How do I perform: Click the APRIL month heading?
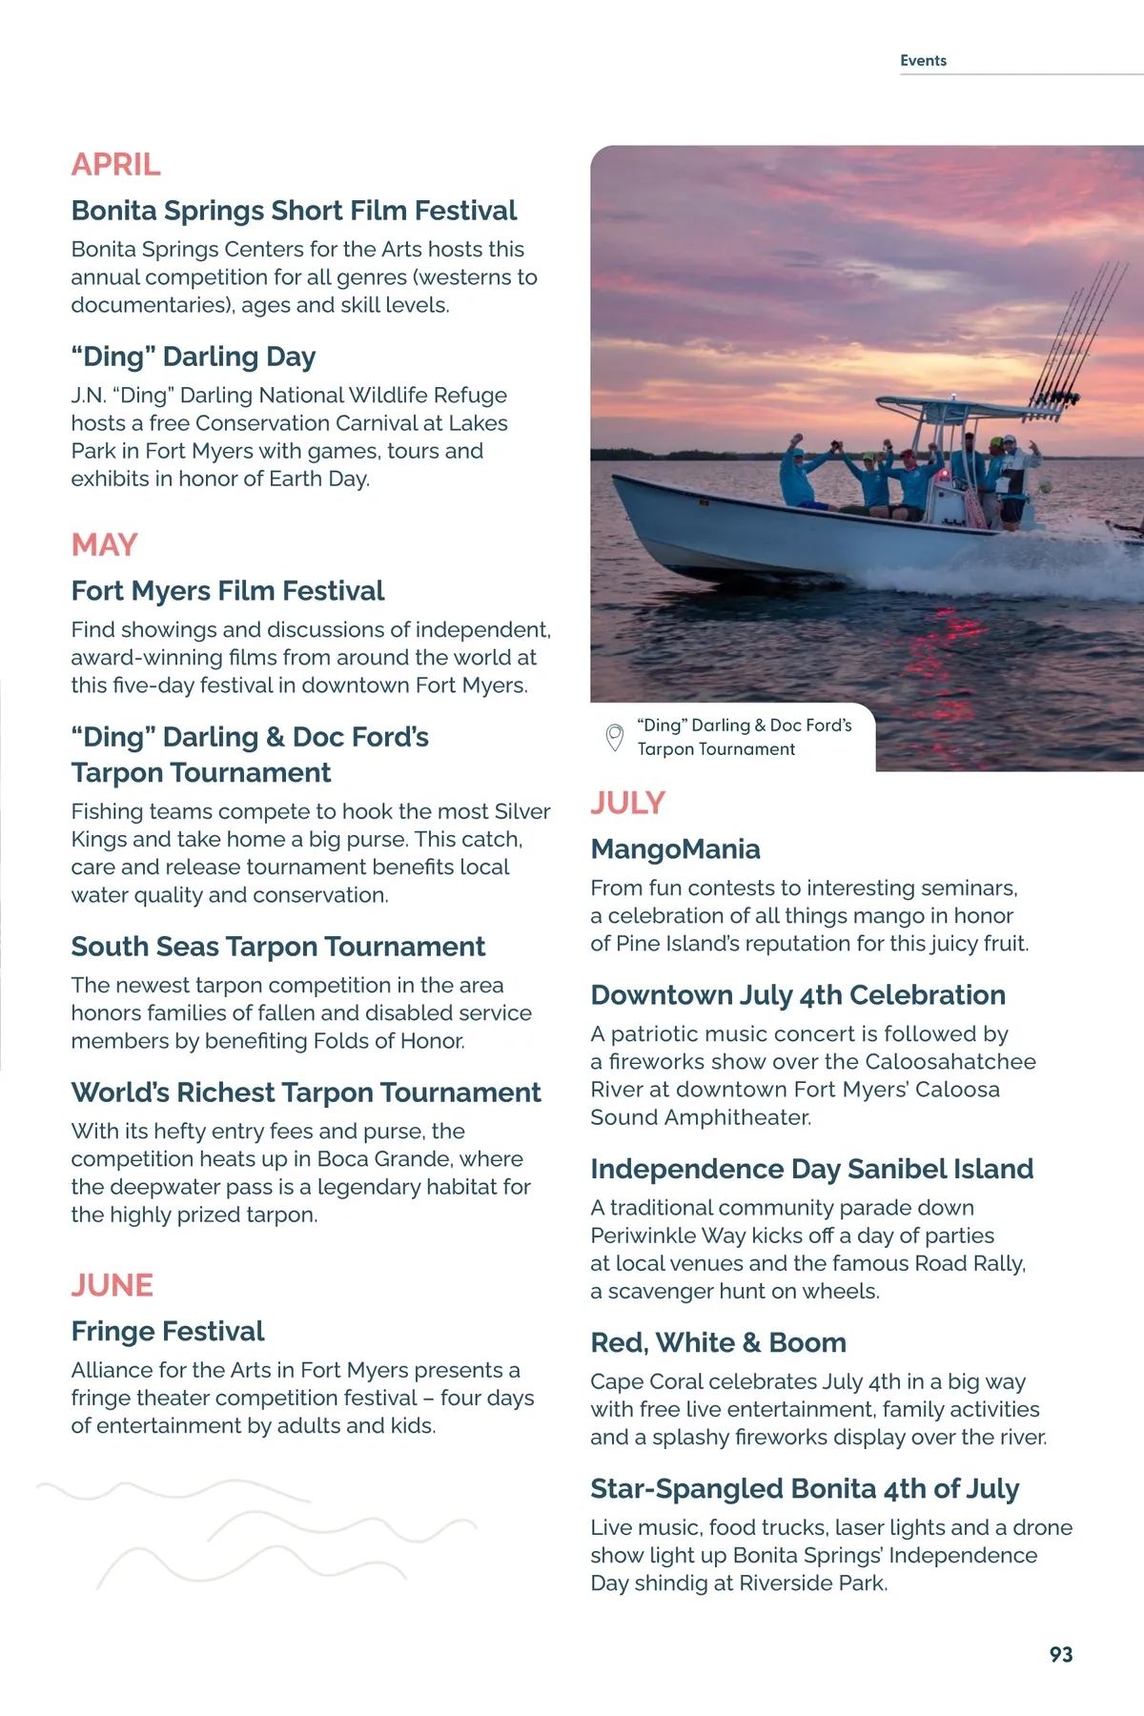point(115,165)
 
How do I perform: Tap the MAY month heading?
point(104,545)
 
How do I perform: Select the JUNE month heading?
point(112,1285)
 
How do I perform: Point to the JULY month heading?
point(627,803)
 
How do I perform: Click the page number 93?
point(1060,1654)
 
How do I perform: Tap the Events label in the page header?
point(923,61)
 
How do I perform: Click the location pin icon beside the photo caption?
point(615,737)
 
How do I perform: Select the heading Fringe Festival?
point(168,1331)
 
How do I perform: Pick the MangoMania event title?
point(675,848)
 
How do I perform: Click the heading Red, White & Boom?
point(718,1342)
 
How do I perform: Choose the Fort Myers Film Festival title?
point(228,591)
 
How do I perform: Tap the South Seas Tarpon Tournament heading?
point(277,947)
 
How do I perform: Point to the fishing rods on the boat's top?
point(1077,334)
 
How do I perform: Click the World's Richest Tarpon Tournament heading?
point(306,1093)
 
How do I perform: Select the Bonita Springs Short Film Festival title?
point(294,211)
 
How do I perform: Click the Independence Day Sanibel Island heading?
point(811,1169)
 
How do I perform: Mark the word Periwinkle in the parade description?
point(643,1236)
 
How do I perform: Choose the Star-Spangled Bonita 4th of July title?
point(805,1488)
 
